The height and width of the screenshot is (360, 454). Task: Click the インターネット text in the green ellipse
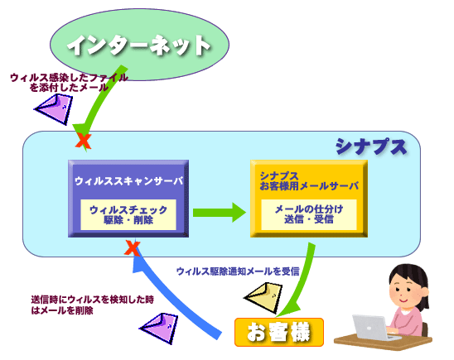139,46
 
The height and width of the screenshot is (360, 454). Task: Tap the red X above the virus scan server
84,142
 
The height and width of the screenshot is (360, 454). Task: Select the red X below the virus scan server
132,248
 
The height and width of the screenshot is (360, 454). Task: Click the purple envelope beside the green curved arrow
54,108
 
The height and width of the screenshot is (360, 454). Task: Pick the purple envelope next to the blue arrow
159,328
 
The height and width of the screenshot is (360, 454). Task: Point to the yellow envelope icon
263,298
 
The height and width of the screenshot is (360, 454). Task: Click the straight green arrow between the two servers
220,213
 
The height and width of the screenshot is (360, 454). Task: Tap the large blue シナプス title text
371,146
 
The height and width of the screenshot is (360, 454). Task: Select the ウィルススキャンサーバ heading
129,181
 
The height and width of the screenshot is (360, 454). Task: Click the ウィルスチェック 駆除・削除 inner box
128,214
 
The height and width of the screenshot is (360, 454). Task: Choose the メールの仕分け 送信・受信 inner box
309,214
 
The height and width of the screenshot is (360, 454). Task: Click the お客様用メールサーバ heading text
309,186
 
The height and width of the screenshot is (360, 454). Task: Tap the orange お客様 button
279,332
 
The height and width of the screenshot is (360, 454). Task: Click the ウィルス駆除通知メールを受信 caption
238,271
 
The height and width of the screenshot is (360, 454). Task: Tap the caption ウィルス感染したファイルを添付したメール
69,83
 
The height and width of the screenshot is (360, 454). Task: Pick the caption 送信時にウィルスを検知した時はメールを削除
92,305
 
